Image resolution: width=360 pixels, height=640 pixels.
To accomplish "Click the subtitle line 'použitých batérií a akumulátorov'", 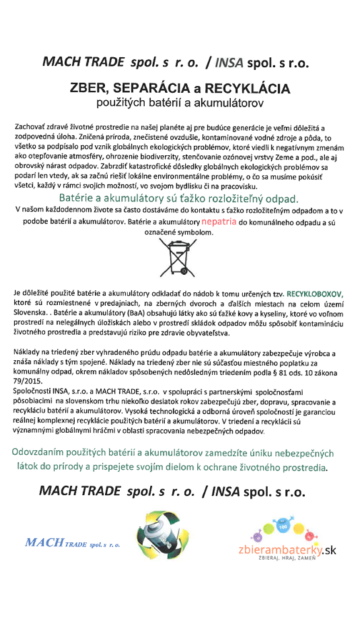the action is pyautogui.click(x=179, y=99).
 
